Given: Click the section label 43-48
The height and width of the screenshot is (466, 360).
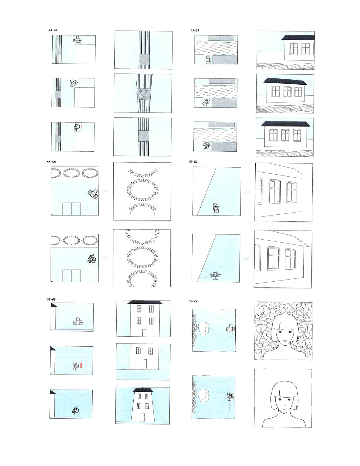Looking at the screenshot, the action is (53, 30).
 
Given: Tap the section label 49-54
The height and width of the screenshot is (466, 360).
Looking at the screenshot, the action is (195, 31).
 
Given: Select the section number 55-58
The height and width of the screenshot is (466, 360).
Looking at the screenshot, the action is (51, 162).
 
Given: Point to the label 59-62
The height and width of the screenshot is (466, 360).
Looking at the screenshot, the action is (193, 162).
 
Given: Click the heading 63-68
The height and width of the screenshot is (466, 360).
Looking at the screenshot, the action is (51, 299).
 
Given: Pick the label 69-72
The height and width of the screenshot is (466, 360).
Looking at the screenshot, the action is (193, 301).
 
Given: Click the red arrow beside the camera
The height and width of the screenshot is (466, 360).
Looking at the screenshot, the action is (81, 365).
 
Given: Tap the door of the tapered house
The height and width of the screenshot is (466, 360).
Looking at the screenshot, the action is (143, 417).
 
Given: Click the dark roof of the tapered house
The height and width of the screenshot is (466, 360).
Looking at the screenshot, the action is (143, 390).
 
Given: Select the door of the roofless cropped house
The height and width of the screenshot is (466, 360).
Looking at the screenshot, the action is (144, 364).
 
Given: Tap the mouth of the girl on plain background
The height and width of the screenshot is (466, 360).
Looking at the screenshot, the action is (284, 409).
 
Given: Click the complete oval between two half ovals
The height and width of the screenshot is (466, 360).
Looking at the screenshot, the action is (143, 190).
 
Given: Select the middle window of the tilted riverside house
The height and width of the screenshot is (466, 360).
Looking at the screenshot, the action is (287, 92).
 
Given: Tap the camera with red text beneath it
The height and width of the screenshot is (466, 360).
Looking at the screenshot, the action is (206, 146).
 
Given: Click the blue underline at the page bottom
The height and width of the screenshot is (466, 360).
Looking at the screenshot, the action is (58, 463).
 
